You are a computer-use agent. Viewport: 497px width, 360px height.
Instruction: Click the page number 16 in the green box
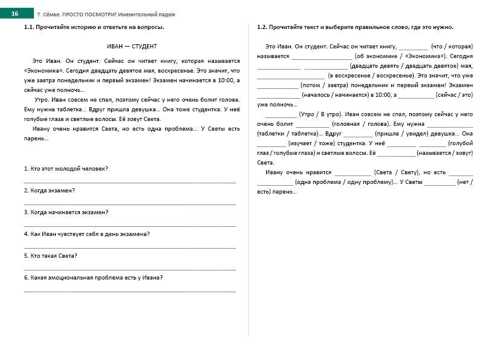pos(15,13)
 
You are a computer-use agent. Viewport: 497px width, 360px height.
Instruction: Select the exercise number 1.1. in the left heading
pos(29,28)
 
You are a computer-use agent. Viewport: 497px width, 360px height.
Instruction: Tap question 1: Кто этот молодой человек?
pos(67,168)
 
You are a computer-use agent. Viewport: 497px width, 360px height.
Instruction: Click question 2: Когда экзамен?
pos(50,190)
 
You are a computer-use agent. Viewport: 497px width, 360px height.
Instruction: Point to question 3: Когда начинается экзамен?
pos(67,212)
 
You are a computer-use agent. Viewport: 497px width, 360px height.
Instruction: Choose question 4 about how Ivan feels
pos(87,234)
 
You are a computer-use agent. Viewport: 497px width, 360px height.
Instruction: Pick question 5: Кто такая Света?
pos(51,256)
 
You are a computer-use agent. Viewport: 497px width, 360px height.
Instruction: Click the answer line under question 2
pos(130,203)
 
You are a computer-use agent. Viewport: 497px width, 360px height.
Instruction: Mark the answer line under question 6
pos(130,291)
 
